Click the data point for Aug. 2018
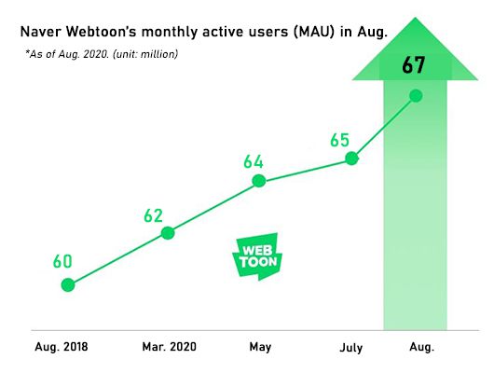coord(68,284)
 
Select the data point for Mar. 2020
coord(168,232)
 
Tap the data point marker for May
coord(260,181)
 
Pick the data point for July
coord(352,159)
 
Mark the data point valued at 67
coord(416,95)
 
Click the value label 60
coord(62,261)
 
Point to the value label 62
coord(154,215)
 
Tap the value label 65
coord(339,140)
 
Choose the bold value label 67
coord(416,65)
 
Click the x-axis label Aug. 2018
coord(62,348)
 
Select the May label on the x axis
coord(260,348)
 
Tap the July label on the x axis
coord(351,348)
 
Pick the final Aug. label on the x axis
coord(421,348)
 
